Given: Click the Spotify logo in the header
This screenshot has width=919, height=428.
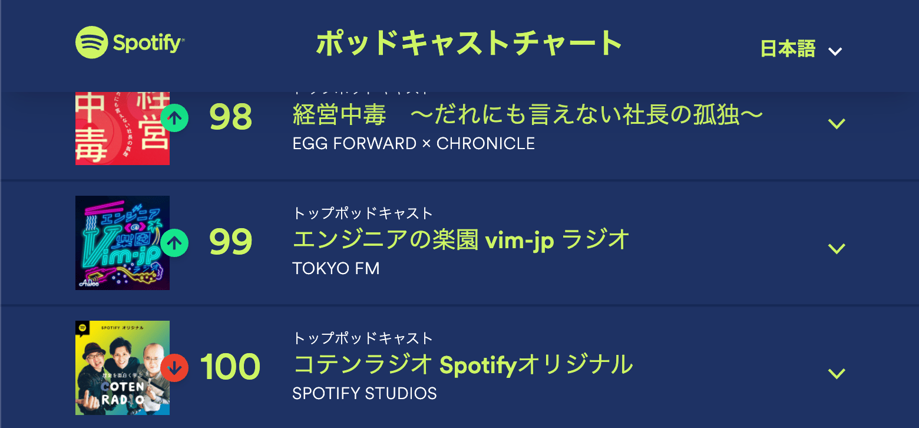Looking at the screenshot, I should point(130,43).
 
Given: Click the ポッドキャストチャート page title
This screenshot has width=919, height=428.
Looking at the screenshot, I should point(469,43).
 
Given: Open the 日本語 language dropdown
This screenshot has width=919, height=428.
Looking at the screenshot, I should point(801,50).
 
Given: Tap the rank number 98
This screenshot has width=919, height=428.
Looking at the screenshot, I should point(230,117).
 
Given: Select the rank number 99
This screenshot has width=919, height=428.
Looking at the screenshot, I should point(230,242).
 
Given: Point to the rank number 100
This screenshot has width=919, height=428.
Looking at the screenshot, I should point(230,367).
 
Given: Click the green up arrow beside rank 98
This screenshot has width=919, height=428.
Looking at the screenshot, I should point(174,117).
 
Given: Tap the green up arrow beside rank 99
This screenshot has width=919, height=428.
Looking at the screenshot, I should point(174,242).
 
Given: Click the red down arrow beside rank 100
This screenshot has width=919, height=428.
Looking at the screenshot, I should point(174,367).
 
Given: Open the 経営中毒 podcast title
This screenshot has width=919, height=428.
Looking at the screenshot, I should point(527,116).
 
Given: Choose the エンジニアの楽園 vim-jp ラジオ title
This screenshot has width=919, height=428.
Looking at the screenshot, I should point(461,240).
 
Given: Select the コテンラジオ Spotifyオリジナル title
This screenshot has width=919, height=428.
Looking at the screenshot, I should point(462,365).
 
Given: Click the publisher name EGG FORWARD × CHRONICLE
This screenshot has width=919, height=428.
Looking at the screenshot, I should point(414,143).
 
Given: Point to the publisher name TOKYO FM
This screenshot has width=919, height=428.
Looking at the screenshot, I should point(336,269).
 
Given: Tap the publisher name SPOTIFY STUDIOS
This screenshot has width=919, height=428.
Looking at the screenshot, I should point(365,393).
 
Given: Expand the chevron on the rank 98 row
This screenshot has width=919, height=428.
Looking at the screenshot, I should point(837,124).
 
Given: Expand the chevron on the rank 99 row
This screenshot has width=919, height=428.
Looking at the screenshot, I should point(837,249).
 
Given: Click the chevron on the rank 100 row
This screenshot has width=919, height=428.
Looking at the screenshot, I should point(837,374).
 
